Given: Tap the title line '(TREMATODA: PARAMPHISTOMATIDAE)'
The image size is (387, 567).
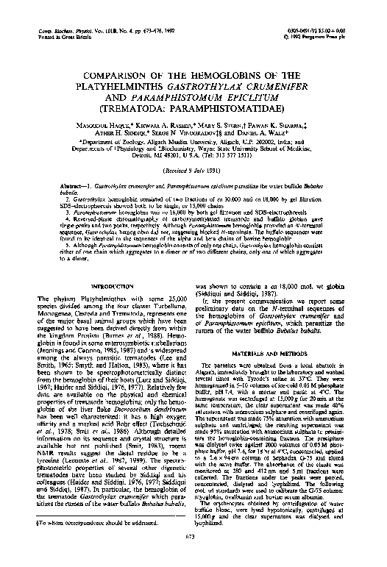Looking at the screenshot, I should (194, 110).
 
